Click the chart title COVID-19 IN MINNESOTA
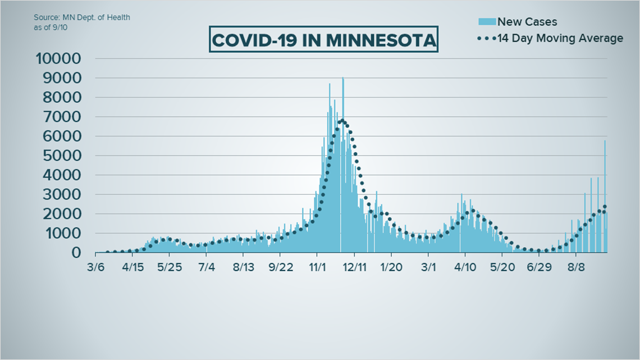point(323,40)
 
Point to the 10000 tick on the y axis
point(58,59)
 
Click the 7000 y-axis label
point(62,117)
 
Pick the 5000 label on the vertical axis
point(62,156)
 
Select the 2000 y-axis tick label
point(62,214)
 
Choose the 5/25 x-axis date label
point(170,268)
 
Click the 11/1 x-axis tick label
point(317,268)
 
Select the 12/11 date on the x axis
point(355,268)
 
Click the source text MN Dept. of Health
point(81,17)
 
